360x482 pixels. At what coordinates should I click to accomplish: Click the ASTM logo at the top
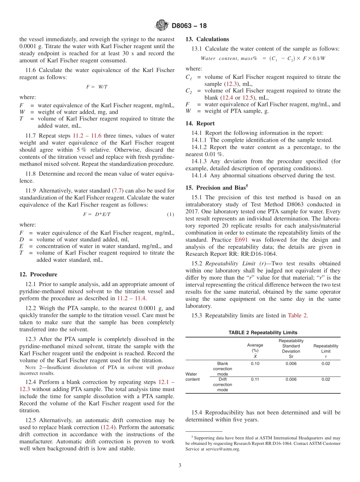162,26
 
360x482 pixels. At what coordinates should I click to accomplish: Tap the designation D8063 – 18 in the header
189,26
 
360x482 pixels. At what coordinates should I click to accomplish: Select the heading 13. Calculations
207,39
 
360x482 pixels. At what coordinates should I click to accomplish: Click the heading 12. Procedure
38,274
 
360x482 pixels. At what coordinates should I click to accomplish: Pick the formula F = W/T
97,87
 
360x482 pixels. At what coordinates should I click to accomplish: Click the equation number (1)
170,214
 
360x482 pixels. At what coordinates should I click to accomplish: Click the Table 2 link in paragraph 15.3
297,315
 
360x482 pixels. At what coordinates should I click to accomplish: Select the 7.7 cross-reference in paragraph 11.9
118,191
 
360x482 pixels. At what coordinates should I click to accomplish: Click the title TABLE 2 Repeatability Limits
263,333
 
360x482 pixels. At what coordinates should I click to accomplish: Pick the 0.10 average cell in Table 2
255,364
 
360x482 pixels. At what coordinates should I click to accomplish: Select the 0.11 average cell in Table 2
255,380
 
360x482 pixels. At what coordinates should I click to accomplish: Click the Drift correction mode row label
222,385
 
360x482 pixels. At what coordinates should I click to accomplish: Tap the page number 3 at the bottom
180,465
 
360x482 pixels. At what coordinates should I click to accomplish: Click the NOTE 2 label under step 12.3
32,367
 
